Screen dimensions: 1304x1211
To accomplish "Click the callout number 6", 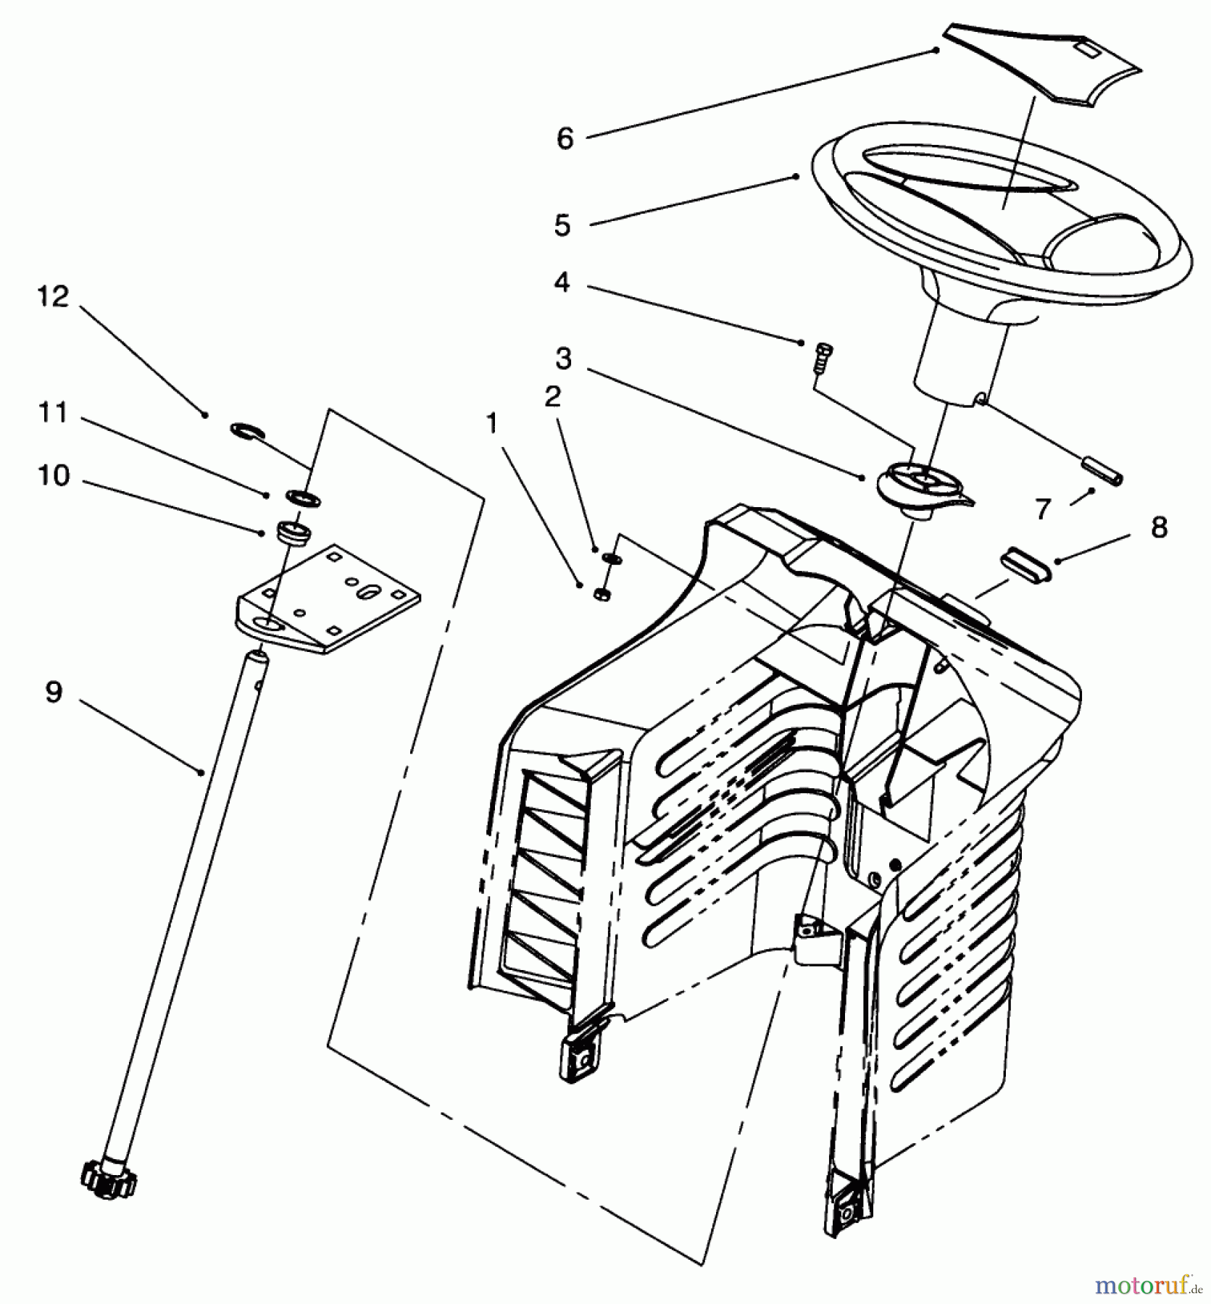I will pos(565,138).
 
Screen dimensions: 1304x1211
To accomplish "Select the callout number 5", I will pos(562,225).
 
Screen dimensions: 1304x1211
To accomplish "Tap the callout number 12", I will pos(53,296).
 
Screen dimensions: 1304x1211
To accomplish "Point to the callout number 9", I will pos(54,692).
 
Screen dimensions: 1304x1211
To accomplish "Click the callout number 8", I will pos(1159,527).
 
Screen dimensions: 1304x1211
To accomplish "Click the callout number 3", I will pos(563,359).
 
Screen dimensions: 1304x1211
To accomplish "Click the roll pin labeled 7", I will pos(1103,470).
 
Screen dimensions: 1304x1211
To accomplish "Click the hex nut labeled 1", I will pos(601,595).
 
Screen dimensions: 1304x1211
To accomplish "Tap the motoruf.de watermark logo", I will pos(1146,1284).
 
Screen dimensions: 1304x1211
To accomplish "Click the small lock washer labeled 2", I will pos(611,557).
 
